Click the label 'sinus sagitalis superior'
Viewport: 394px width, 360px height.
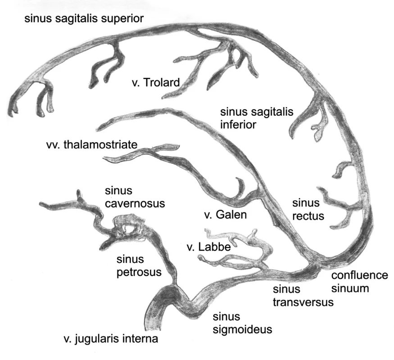click(84, 19)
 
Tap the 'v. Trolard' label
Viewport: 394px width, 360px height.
click(156, 83)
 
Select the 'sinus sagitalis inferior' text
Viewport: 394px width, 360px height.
click(257, 118)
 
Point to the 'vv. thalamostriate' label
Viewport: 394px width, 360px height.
click(92, 144)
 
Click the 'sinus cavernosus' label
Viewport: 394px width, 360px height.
click(135, 197)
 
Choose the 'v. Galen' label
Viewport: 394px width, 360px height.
click(226, 215)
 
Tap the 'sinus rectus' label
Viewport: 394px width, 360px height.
click(308, 209)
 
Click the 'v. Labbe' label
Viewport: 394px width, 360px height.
click(209, 247)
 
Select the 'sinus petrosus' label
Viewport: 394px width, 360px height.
click(139, 265)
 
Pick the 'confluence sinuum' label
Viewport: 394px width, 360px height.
click(360, 282)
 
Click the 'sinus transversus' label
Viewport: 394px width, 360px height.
click(303, 296)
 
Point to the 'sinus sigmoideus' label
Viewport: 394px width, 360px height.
click(243, 323)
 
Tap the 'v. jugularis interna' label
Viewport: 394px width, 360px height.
click(111, 339)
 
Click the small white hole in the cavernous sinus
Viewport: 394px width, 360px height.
click(130, 229)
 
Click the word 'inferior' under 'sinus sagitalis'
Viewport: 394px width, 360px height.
click(238, 125)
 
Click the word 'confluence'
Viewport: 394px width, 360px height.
click(360, 275)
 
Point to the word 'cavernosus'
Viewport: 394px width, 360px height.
click(135, 203)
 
